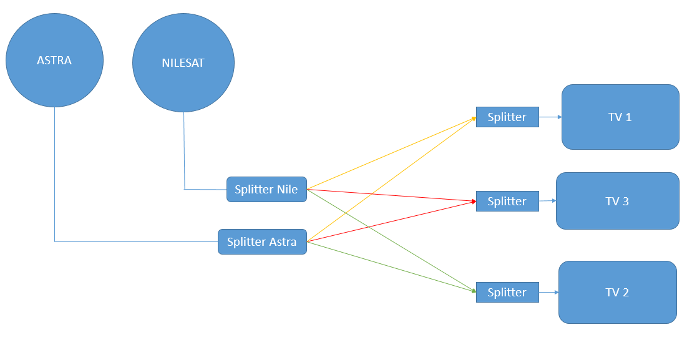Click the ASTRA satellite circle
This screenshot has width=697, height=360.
pyautogui.click(x=55, y=60)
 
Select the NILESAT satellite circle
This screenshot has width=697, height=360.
pyautogui.click(x=183, y=62)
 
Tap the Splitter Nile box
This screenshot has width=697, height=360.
pyautogui.click(x=266, y=189)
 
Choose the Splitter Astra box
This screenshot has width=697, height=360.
pyautogui.click(x=262, y=242)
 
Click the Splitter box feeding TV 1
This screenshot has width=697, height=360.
pyautogui.click(x=508, y=117)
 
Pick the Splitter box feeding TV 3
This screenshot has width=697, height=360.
pyautogui.click(x=508, y=202)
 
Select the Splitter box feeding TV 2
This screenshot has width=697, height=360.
pyautogui.click(x=508, y=293)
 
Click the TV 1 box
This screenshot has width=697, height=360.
pyautogui.click(x=620, y=117)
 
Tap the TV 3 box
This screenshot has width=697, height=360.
pyautogui.click(x=618, y=201)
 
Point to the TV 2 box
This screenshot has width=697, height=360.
pyautogui.click(x=618, y=293)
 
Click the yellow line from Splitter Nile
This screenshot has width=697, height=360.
pyautogui.click(x=392, y=153)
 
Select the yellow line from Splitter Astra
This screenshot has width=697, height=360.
pyautogui.click(x=392, y=180)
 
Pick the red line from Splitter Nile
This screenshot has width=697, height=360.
pyautogui.click(x=392, y=195)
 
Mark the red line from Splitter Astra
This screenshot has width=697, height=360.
pyautogui.click(x=392, y=221)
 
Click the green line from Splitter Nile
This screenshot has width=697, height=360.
pyautogui.click(x=392, y=240)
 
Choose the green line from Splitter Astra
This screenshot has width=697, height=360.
pyautogui.click(x=392, y=266)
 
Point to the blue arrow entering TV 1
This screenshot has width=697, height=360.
pyautogui.click(x=550, y=117)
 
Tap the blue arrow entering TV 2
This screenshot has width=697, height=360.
pyautogui.click(x=549, y=293)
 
